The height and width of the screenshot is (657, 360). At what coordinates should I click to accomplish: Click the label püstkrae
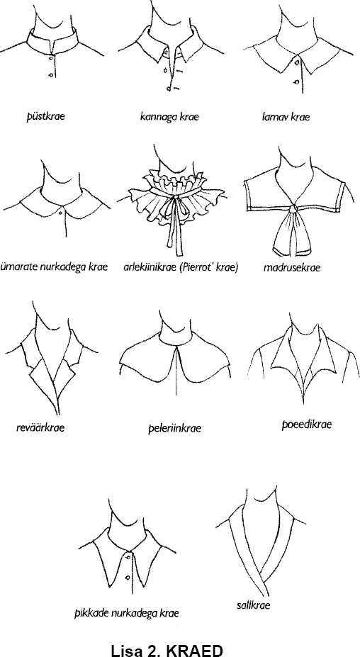[x=46, y=116]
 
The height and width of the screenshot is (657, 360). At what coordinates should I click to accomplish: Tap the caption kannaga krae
[x=169, y=117]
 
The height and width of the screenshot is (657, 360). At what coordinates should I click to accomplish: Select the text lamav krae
[x=286, y=117]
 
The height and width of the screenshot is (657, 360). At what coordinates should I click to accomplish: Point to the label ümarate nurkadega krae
[x=54, y=267]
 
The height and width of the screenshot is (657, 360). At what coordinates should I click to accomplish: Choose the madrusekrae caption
[x=292, y=267]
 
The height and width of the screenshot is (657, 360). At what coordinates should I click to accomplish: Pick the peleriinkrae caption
[x=175, y=428]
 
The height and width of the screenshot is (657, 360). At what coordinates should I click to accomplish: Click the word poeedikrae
[x=306, y=425]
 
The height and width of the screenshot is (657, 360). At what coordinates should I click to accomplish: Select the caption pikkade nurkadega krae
[x=127, y=614]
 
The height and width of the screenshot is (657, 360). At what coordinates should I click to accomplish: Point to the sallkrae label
[x=253, y=605]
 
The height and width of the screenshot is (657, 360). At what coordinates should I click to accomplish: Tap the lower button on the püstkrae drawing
[x=50, y=75]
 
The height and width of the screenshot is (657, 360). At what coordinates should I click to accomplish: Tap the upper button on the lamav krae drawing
[x=297, y=62]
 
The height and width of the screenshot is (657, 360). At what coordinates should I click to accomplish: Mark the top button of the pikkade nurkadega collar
[x=128, y=557]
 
